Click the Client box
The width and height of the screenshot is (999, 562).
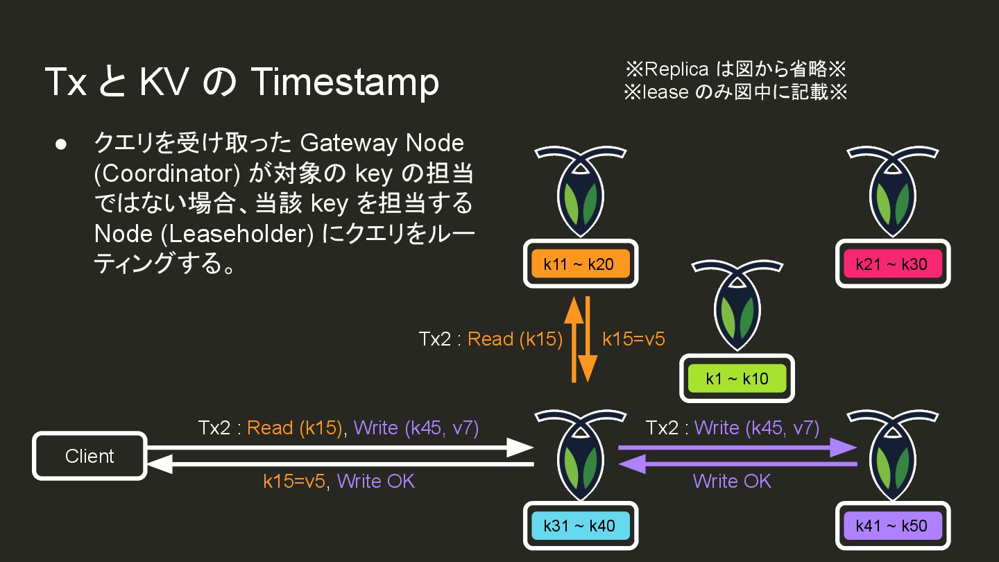click(89, 456)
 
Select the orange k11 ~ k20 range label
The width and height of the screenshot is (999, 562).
click(580, 264)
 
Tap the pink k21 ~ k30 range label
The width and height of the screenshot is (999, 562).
click(891, 264)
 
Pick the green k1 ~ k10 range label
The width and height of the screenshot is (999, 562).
click(737, 378)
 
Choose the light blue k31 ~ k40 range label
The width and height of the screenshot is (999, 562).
click(580, 525)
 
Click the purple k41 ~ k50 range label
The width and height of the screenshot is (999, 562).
click(891, 525)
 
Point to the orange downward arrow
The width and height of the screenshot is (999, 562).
click(588, 340)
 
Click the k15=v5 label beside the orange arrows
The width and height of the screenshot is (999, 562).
click(633, 339)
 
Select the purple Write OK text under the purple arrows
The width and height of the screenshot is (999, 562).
click(732, 481)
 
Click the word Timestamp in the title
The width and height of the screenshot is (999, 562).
click(344, 82)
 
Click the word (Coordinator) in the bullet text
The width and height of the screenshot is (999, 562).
click(167, 173)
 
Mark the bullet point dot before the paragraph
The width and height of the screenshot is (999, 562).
click(61, 144)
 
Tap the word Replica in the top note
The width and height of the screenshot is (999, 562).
click(676, 69)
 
